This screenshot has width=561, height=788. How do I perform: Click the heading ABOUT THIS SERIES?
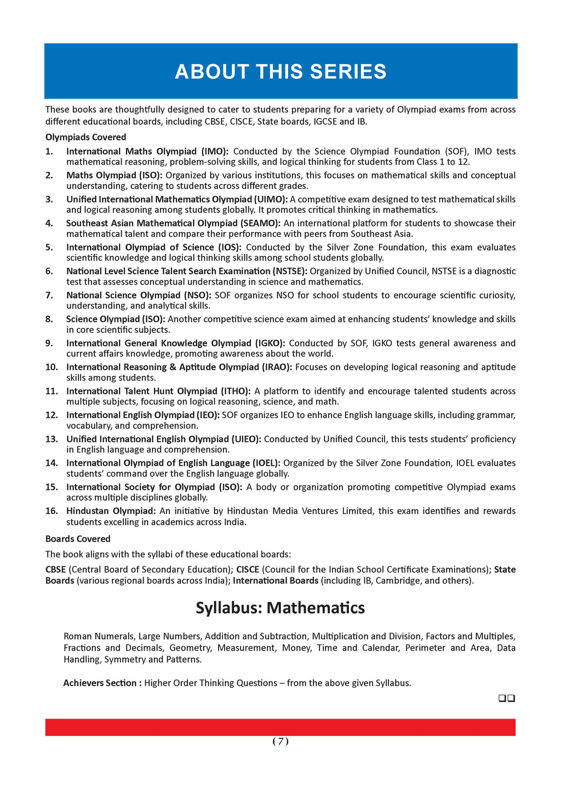(280, 72)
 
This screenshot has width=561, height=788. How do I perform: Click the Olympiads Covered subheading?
(85, 137)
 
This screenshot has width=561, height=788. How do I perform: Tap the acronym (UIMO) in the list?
(271, 199)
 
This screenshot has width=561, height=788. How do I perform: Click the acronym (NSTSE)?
(290, 271)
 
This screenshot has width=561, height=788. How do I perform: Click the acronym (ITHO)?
(235, 391)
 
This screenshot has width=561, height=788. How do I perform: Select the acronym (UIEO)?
(246, 439)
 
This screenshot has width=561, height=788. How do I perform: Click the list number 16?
(51, 511)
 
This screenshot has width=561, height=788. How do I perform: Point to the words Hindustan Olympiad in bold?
(111, 511)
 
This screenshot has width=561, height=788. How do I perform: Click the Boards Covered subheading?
(78, 539)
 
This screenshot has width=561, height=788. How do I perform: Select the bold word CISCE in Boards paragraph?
(248, 570)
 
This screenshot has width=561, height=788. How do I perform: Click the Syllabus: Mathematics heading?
(280, 608)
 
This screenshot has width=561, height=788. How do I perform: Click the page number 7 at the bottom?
(280, 741)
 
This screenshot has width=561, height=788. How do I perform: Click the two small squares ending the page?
(507, 698)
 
